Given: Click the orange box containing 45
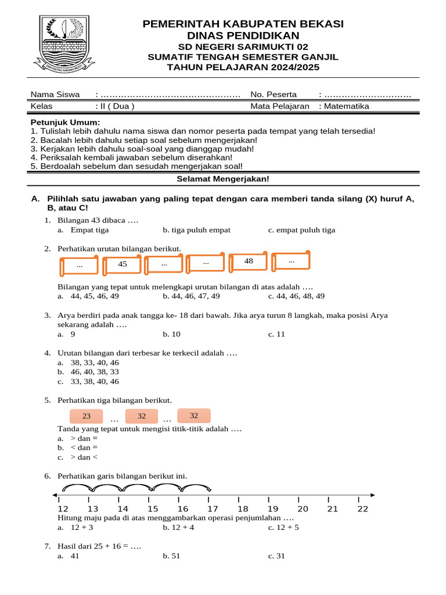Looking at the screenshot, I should click(123, 265).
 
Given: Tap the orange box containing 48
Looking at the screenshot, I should click(249, 262).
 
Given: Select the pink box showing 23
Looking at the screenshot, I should click(87, 417).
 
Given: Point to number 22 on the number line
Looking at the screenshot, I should click(363, 509).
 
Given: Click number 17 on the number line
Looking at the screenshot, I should click(213, 509).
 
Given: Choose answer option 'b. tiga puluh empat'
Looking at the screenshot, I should click(197, 230).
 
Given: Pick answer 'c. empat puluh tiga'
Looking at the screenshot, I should click(302, 230).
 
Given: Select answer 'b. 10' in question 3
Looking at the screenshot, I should click(172, 334).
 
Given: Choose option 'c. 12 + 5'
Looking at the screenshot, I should click(283, 528).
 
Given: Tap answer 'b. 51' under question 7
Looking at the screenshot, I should click(172, 556).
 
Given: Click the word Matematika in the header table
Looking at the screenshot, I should click(347, 106).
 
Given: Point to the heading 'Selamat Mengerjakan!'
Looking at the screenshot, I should click(223, 180).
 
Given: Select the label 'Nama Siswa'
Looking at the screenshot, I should click(55, 94).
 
